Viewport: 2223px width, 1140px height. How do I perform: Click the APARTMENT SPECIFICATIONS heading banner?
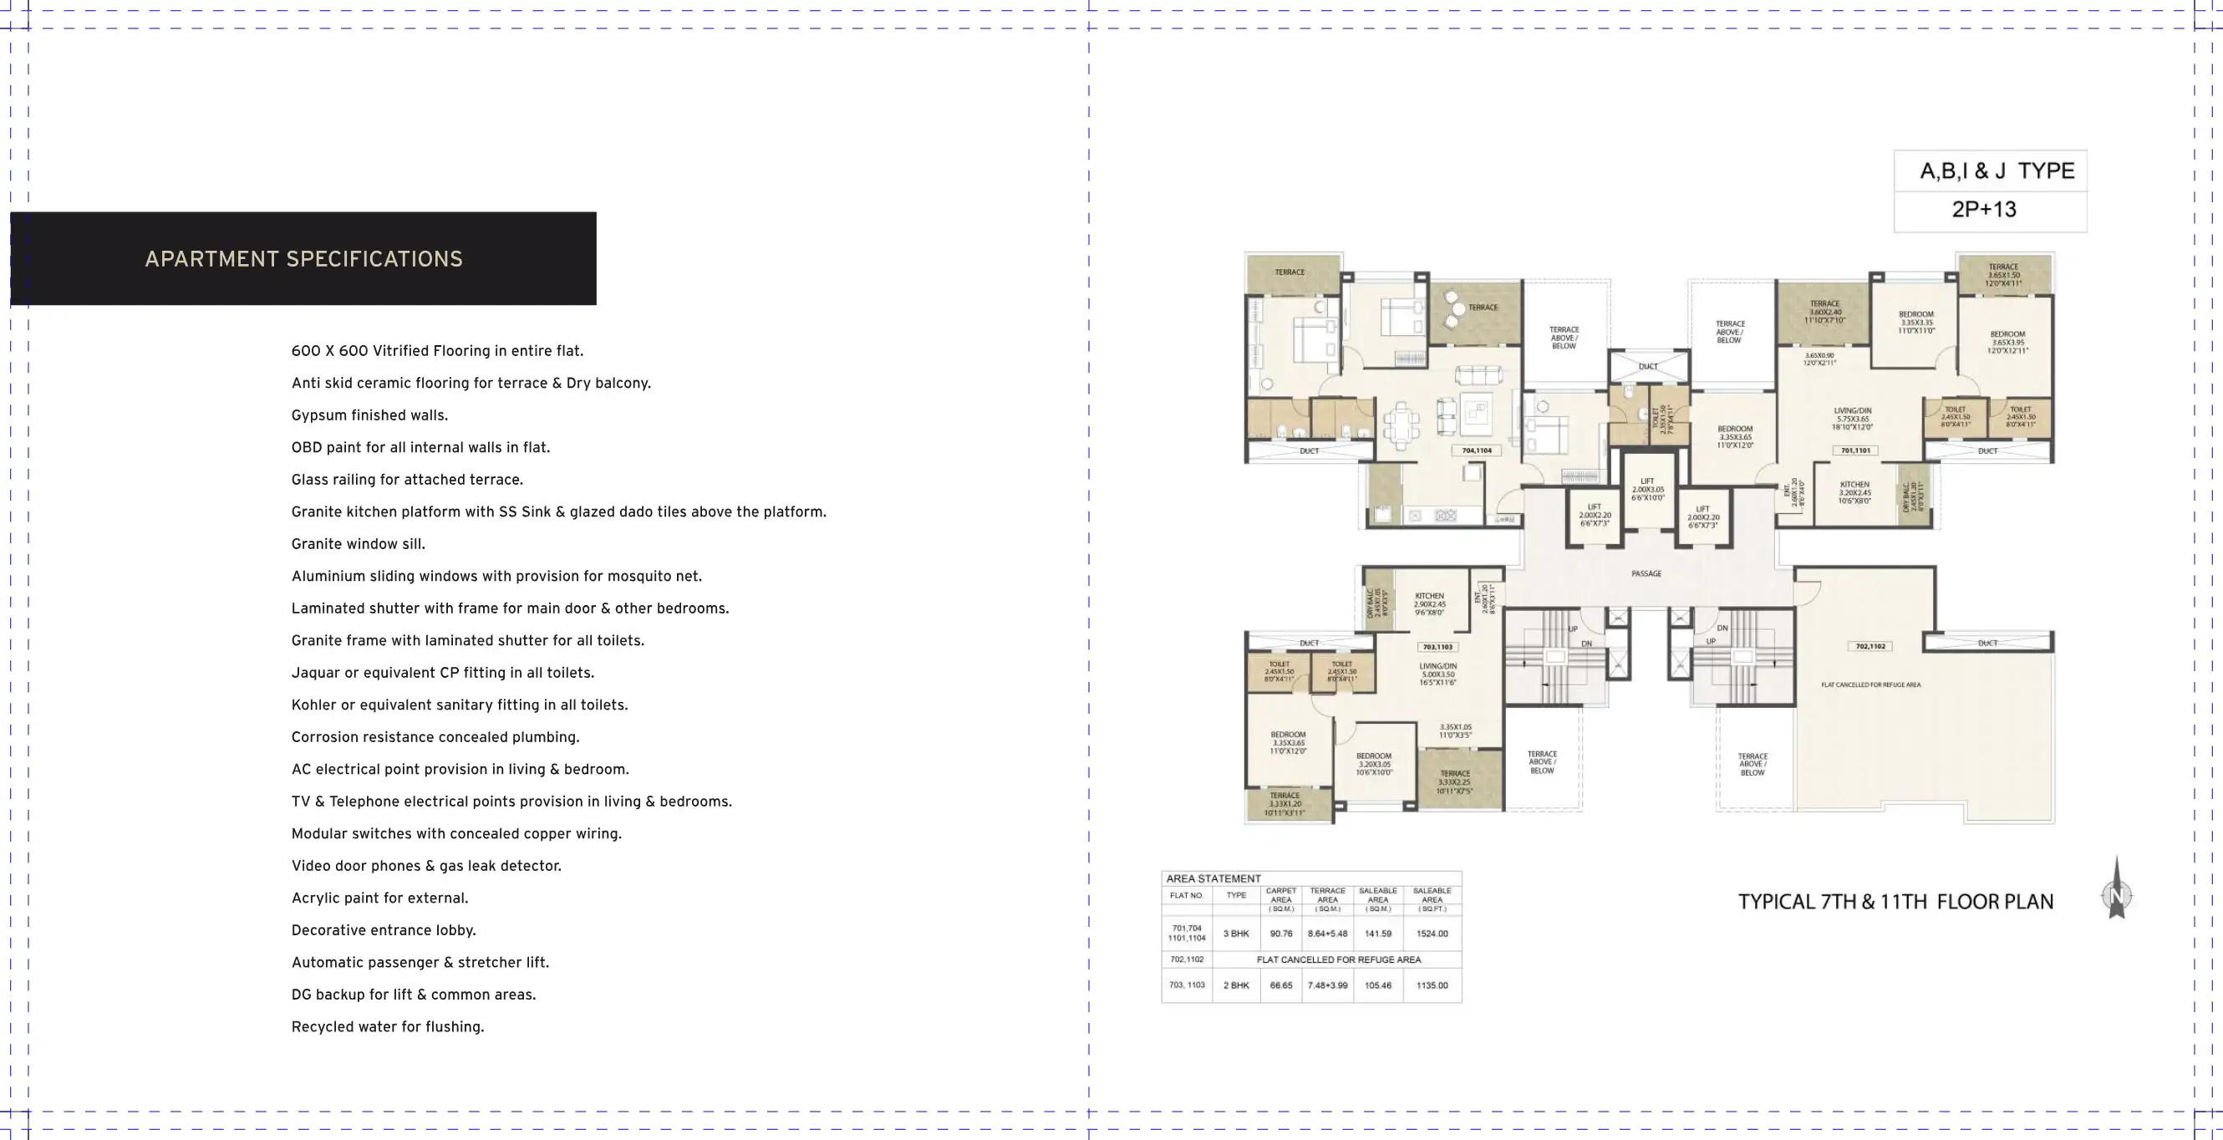click(303, 259)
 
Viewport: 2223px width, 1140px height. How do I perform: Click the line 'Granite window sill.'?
click(358, 544)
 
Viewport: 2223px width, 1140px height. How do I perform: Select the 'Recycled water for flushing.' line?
click(388, 1027)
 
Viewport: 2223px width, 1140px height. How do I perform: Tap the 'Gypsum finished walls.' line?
click(369, 415)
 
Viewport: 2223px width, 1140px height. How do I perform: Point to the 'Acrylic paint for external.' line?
click(379, 898)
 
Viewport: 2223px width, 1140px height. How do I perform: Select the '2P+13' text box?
click(1984, 210)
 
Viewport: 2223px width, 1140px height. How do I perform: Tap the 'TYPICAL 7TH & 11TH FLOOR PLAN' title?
click(1895, 902)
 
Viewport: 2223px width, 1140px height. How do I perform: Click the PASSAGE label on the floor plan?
click(1646, 574)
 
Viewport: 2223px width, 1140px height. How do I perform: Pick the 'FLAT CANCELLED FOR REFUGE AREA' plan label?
click(1870, 685)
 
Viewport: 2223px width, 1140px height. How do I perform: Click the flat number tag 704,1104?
click(1477, 450)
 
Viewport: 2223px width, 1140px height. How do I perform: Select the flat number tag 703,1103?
click(1437, 646)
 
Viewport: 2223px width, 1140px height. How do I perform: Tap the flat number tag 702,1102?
click(1870, 646)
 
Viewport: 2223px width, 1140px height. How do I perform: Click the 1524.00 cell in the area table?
click(1432, 934)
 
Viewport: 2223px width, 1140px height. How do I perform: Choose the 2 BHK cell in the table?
click(1236, 985)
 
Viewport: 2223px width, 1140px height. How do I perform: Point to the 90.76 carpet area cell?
click(1280, 934)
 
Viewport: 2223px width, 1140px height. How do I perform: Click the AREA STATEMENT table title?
click(1213, 878)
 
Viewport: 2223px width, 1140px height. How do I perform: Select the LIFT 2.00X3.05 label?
click(1647, 489)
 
